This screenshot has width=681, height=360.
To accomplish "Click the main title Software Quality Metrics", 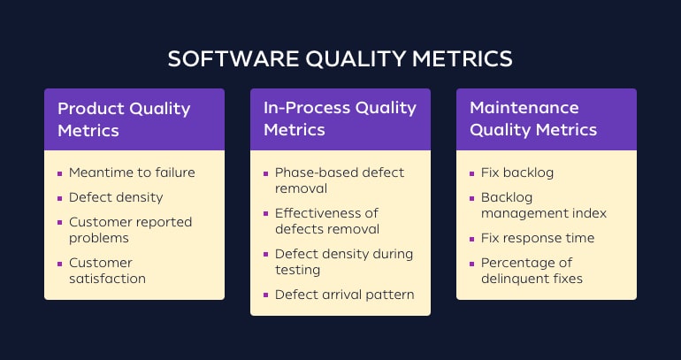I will point(340,58).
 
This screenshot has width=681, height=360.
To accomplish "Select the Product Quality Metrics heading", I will point(124,119).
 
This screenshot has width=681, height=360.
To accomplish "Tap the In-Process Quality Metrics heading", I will point(340,119).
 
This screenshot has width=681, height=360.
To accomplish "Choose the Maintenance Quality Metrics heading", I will point(533,119).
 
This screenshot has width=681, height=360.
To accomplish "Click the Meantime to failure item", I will point(132,172).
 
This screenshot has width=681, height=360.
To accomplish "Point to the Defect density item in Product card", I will point(116,197).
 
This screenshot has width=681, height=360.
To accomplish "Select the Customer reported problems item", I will point(130,230).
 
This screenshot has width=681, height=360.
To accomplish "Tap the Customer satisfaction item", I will point(107,271).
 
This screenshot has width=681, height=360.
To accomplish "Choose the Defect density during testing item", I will point(343,262).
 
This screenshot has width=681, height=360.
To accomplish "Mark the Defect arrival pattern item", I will point(344,295).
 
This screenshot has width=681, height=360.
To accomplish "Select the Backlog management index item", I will point(543,205).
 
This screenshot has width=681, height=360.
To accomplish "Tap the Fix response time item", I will point(537,238).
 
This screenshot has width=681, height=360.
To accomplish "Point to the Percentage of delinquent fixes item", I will point(532,271).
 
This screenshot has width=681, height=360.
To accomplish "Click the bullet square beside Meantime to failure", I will point(60,173).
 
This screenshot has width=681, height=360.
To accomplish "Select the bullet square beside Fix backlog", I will point(472,173).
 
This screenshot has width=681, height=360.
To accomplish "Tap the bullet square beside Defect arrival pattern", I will point(266,295).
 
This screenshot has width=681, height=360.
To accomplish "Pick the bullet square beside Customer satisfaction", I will point(60,264).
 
